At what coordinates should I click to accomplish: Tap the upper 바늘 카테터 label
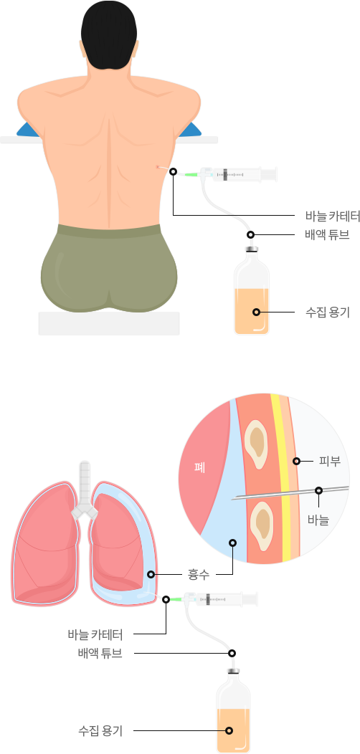coord(333,216)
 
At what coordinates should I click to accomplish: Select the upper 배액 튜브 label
coord(327,235)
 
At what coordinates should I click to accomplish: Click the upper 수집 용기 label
coord(327,312)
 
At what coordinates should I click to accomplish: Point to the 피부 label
coord(330,461)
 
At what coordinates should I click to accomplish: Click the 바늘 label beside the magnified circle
coord(318,520)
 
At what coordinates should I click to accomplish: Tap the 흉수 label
coord(199,574)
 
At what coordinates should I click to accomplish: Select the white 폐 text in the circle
coord(200,467)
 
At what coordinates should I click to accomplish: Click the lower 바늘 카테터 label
coord(95,634)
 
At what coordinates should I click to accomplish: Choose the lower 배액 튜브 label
coord(100,654)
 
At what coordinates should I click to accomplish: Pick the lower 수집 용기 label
coord(100,731)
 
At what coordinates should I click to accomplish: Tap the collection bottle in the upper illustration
coord(252,290)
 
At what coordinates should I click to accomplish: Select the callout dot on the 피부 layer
coord(296,461)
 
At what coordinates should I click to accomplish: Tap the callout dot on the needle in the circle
coord(318,490)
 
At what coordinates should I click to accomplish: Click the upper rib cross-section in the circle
coord(255,444)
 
